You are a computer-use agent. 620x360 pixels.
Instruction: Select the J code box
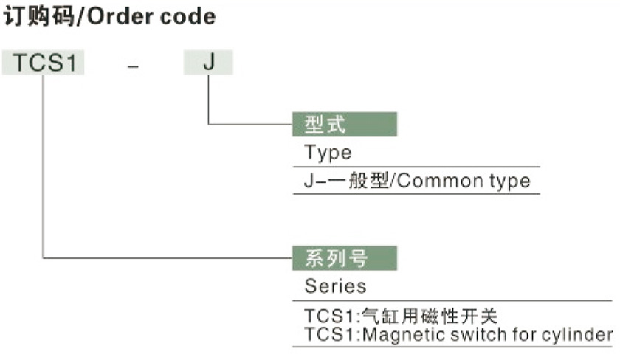208,63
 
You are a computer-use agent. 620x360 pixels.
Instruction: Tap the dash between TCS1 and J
133,66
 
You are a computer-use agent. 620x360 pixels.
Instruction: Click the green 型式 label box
345,124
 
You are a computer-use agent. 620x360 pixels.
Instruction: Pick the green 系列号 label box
345,258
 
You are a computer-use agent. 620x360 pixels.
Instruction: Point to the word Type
328,153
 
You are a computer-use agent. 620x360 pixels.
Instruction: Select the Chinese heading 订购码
41,16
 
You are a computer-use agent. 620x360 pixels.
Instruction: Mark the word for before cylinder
527,336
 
